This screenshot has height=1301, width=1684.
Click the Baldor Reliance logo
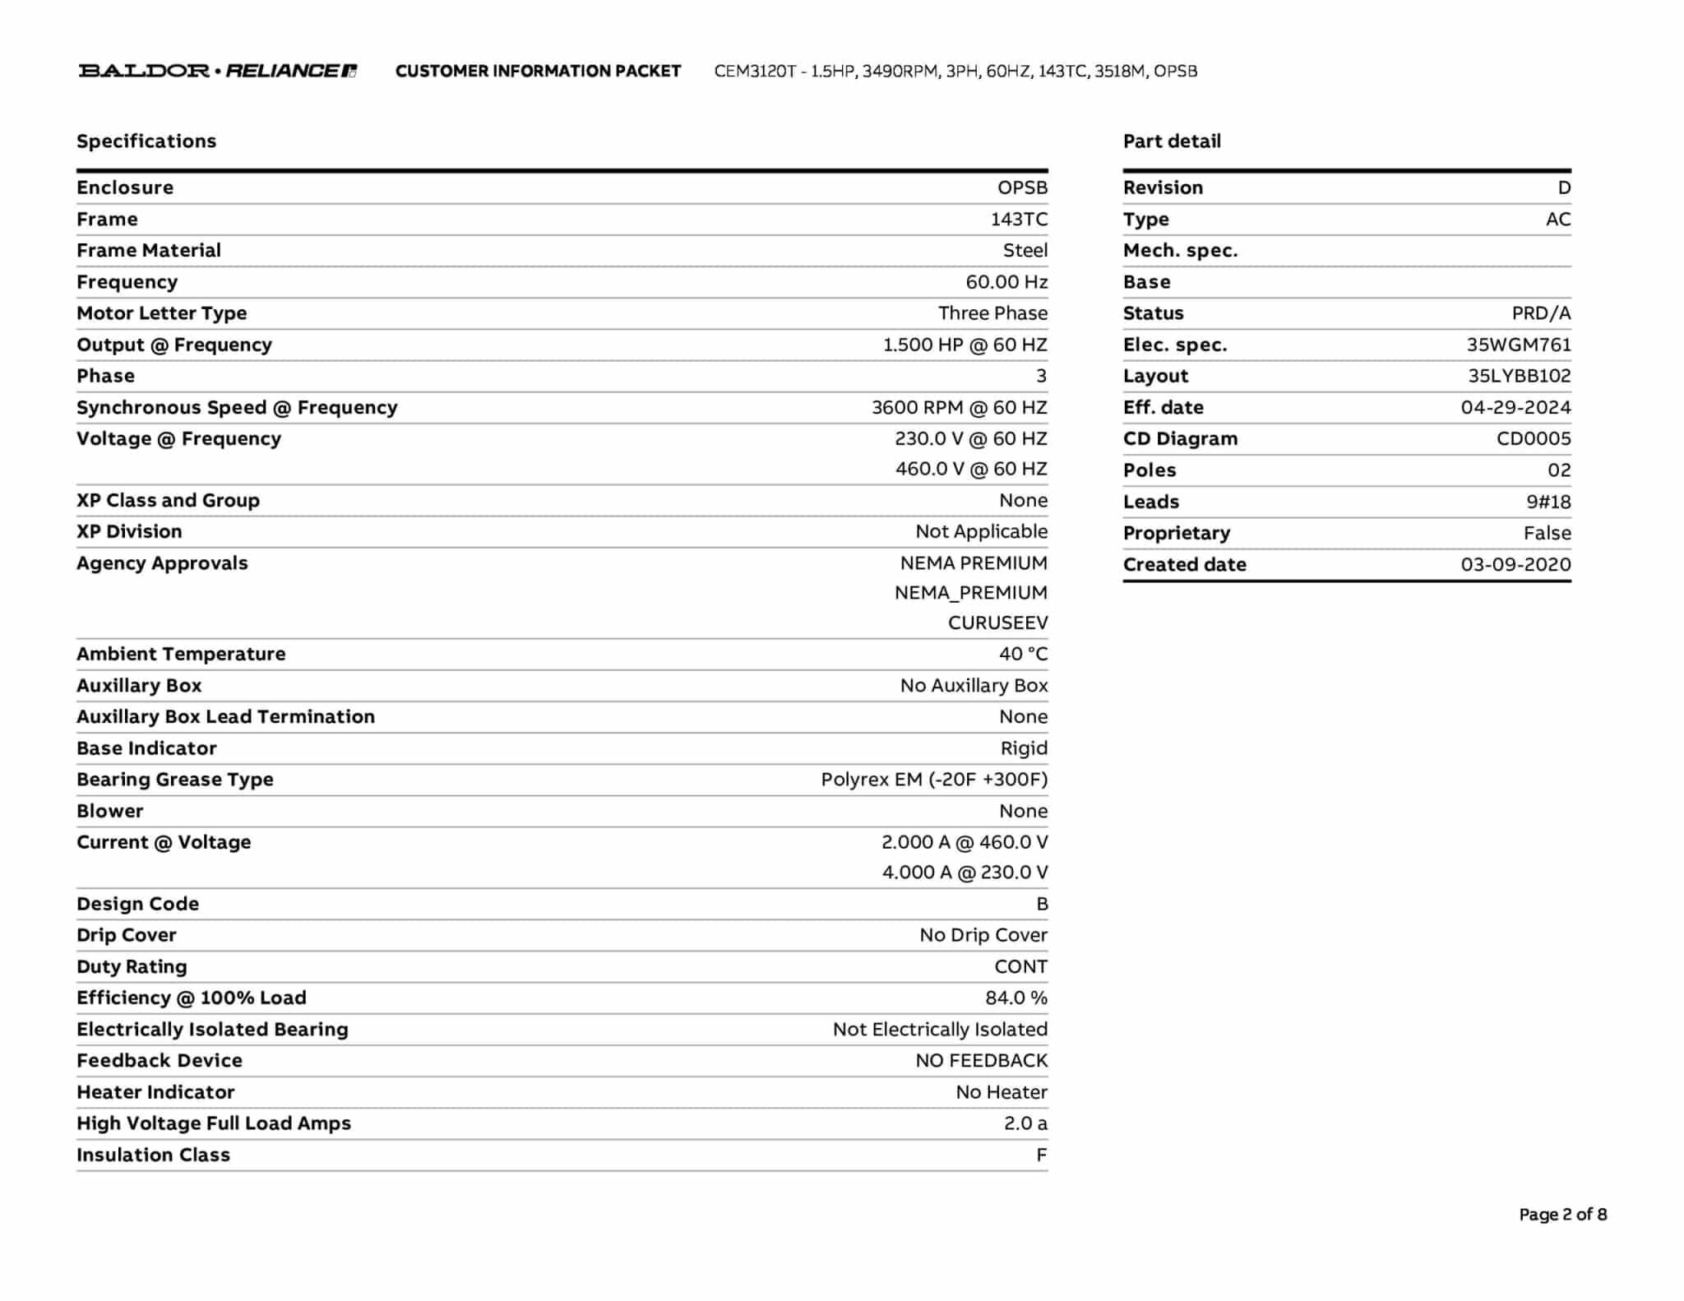(218, 71)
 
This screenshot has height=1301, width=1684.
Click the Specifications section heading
(146, 141)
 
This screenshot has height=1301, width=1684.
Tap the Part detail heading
(1172, 141)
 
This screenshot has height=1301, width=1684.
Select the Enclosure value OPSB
(1022, 188)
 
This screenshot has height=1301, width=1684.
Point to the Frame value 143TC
(1019, 219)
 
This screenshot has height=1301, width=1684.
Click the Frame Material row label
(149, 250)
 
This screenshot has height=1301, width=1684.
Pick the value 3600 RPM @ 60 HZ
(959, 407)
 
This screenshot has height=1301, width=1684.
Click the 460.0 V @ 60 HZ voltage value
(971, 469)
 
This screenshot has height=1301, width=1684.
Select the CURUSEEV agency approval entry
(997, 623)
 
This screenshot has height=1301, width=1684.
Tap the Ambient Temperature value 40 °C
(1023, 654)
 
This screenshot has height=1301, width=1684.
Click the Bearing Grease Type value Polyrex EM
(934, 779)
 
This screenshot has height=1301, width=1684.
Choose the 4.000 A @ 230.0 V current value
(965, 872)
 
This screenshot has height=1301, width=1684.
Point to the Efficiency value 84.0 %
(1016, 998)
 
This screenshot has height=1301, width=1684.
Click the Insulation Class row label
(153, 1155)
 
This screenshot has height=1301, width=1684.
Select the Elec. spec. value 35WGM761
(1518, 345)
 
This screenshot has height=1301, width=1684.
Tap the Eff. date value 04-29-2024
(1515, 407)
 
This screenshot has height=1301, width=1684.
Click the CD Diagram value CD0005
(1533, 438)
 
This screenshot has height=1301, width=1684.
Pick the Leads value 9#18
(1548, 502)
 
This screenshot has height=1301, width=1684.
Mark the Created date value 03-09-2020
(1515, 564)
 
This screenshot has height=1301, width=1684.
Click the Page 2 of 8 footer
(1562, 1214)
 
